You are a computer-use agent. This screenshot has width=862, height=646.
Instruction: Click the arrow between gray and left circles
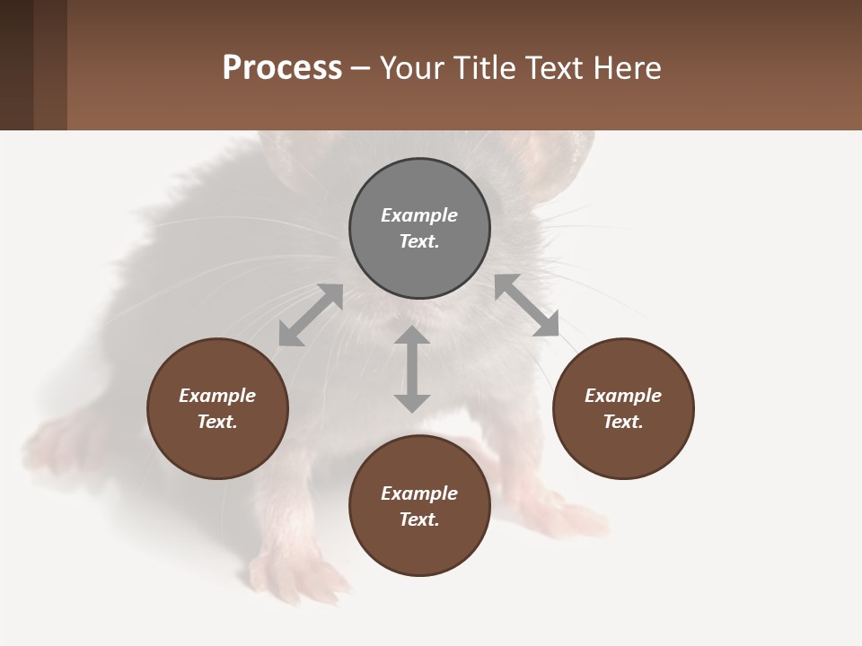tap(311, 315)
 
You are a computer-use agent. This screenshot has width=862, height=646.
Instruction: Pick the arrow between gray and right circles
tap(527, 306)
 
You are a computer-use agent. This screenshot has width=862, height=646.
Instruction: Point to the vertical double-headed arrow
tap(412, 369)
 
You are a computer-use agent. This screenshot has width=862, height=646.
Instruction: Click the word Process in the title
tap(282, 67)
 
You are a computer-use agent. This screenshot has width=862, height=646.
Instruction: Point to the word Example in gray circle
tap(419, 215)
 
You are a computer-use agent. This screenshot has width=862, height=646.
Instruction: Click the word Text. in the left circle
tap(217, 422)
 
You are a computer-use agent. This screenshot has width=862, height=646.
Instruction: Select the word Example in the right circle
tap(623, 396)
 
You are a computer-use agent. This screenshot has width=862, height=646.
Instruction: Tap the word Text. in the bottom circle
tap(419, 519)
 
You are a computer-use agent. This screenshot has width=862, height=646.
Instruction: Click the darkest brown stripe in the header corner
tap(16, 65)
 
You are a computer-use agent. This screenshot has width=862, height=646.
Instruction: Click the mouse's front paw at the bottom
tap(296, 574)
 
